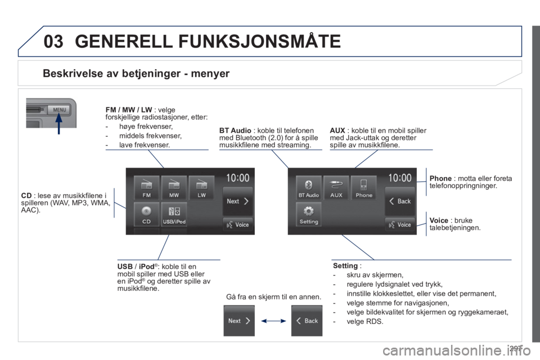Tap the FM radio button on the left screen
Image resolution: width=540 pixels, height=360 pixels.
pyautogui.click(x=146, y=187)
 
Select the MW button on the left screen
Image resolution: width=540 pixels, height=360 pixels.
pyautogui.click(x=174, y=187)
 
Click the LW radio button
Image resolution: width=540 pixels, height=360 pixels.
pyautogui.click(x=201, y=187)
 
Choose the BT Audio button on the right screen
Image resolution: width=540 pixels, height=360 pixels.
pyautogui.click(x=309, y=187)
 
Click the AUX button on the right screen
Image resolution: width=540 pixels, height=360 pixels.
pyautogui.click(x=336, y=187)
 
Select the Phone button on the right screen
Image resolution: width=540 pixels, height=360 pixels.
pyautogui.click(x=364, y=187)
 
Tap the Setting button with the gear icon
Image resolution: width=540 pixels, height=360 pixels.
pyautogui.click(x=309, y=214)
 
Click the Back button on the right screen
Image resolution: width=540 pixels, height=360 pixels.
pyautogui.click(x=400, y=201)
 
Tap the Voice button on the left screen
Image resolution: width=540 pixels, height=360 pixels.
pyautogui.click(x=238, y=224)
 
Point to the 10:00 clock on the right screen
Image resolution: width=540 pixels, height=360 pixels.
pyautogui.click(x=400, y=178)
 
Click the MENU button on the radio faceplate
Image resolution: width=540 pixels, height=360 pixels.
pyautogui.click(x=59, y=110)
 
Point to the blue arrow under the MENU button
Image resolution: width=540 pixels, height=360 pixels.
pyautogui.click(x=59, y=123)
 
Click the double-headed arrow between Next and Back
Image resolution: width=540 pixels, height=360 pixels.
pyautogui.click(x=273, y=321)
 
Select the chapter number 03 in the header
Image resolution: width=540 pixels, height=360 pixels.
pyautogui.click(x=54, y=41)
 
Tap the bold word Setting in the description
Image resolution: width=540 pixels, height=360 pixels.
pyautogui.click(x=345, y=265)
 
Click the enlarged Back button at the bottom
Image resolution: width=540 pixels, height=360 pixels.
pyautogui.click(x=307, y=321)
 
